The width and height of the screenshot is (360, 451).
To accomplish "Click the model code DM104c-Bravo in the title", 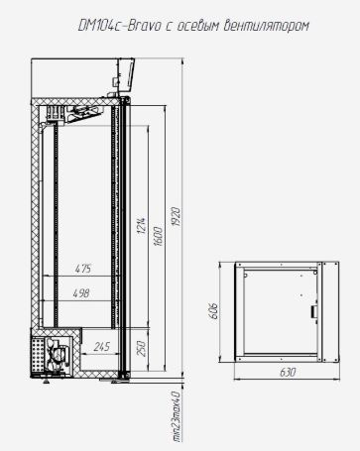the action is [119, 26].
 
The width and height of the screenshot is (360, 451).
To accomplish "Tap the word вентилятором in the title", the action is [267, 26].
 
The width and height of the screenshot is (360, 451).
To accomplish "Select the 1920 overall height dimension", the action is [176, 217].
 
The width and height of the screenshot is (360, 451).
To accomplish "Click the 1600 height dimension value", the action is [159, 236].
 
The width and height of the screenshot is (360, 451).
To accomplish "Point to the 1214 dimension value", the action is [142, 226].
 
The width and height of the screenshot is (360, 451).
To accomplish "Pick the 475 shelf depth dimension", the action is [83, 269].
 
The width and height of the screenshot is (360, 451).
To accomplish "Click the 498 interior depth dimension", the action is [81, 293].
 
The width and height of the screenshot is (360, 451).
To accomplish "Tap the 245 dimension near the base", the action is [102, 347].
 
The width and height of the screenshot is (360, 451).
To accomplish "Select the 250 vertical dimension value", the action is [141, 349].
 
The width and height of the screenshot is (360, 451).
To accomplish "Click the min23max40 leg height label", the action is [177, 417].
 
